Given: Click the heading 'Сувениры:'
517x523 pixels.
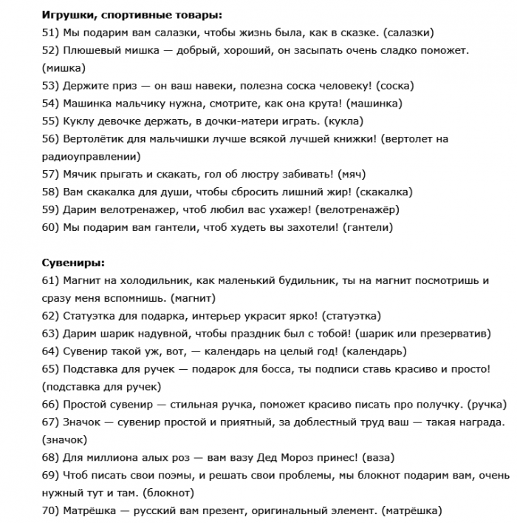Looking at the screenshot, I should [73, 263].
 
